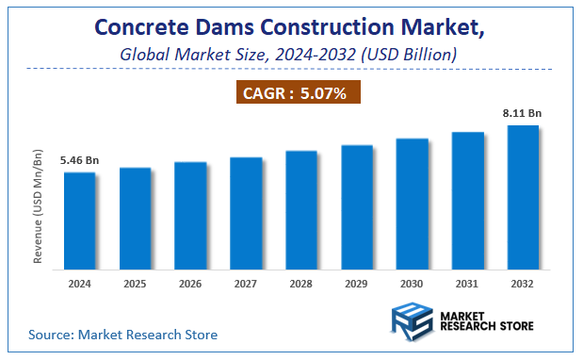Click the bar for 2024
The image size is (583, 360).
(x=80, y=220)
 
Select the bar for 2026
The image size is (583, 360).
(x=190, y=214)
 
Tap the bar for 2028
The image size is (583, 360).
(x=301, y=208)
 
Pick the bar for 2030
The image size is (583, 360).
(x=413, y=203)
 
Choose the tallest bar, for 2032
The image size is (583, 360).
(x=523, y=196)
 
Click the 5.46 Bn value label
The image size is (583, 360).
(x=79, y=161)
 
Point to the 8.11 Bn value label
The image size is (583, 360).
(x=523, y=113)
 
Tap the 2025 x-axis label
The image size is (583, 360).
(x=135, y=283)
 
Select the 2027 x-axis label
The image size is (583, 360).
(x=246, y=283)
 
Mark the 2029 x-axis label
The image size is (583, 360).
(x=357, y=283)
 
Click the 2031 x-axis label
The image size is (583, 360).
(x=468, y=283)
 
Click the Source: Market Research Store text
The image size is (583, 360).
(x=122, y=335)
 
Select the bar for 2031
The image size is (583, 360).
(x=468, y=200)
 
